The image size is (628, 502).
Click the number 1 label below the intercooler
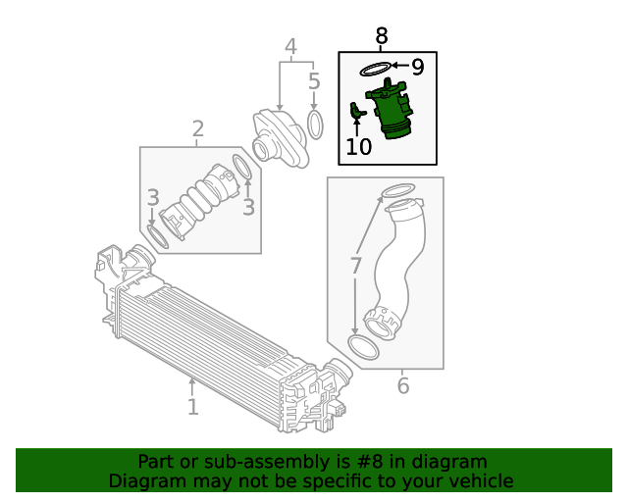193,405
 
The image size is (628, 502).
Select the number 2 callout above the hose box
197,128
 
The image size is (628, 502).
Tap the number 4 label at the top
290,46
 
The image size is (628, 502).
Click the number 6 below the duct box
402,385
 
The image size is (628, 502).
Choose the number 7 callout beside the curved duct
356,265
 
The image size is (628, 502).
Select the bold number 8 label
382,36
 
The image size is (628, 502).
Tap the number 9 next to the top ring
417,67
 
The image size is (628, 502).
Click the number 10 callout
359,147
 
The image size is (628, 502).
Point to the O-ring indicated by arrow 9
374,69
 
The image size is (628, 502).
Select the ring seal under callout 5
315,125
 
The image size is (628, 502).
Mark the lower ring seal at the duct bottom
363,347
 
